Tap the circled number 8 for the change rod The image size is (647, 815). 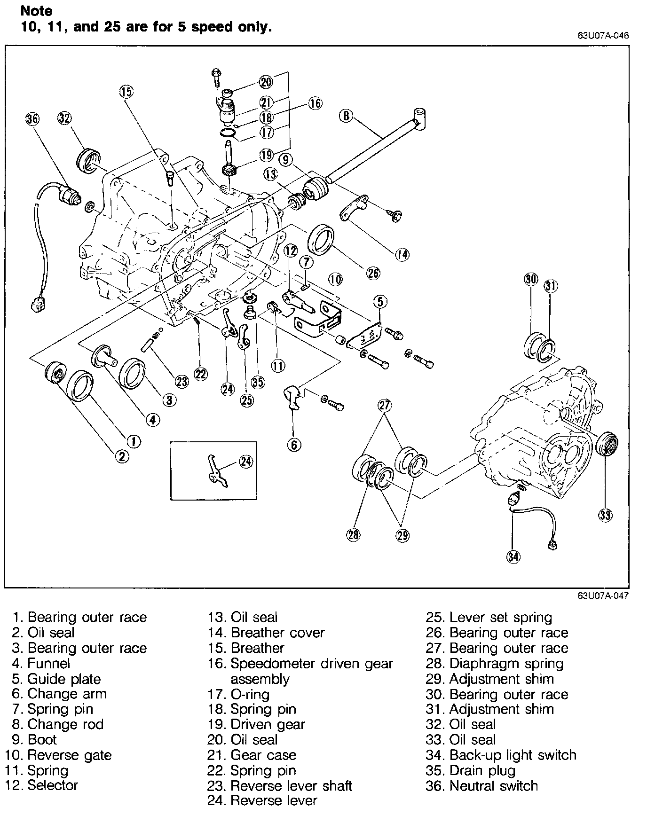(x=346, y=116)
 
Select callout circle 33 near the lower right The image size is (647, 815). (x=605, y=516)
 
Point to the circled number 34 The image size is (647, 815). (x=513, y=557)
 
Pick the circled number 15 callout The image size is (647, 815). (x=126, y=91)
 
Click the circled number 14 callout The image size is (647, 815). (x=402, y=254)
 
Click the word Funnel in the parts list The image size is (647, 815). (x=49, y=663)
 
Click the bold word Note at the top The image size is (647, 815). (x=37, y=11)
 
